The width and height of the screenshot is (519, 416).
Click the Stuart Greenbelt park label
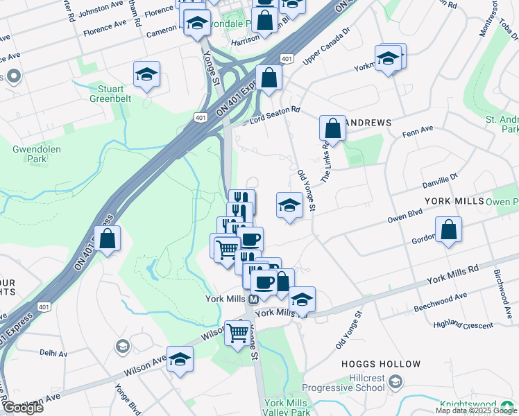[x=107, y=94]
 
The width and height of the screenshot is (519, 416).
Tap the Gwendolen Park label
[x=28, y=154]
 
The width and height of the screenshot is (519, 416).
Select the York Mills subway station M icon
[x=253, y=299]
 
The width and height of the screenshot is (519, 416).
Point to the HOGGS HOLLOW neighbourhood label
[x=381, y=364]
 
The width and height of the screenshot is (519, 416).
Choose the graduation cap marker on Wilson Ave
[x=180, y=359]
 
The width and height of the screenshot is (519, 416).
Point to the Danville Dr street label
[x=441, y=182]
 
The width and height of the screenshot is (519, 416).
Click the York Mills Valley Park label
[x=287, y=408]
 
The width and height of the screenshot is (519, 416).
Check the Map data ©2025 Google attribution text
[x=476, y=410]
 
